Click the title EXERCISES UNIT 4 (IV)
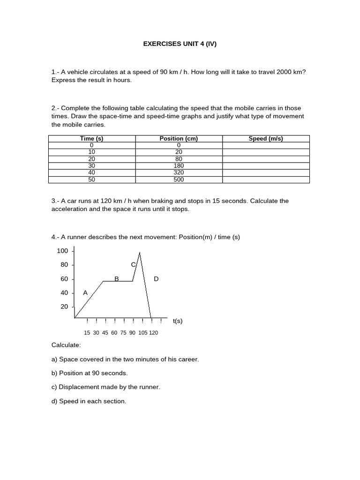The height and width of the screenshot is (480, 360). [180, 44]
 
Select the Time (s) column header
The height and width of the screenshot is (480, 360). [92, 139]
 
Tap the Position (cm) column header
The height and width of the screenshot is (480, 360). [179, 139]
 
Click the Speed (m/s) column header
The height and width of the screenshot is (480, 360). [266, 139]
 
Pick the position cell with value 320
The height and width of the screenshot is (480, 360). [179, 172]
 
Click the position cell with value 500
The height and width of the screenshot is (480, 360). [179, 180]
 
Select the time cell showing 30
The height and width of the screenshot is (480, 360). [92, 165]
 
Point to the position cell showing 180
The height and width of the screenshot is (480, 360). [179, 165]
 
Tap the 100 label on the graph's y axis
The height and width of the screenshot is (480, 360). [62, 251]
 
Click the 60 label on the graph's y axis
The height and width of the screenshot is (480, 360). [64, 279]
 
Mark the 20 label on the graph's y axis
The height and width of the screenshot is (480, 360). [64, 307]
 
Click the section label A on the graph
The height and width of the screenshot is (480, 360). [85, 292]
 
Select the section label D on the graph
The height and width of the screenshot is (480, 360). [156, 279]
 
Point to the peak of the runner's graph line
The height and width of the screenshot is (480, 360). [140, 253]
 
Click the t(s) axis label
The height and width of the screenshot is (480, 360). [177, 321]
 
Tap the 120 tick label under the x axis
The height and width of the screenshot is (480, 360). [153, 333]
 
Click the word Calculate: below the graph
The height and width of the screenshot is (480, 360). [66, 345]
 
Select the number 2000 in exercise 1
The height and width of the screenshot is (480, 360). [285, 72]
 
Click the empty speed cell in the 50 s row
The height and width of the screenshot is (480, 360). [266, 180]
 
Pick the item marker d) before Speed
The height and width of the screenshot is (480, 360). [54, 401]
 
